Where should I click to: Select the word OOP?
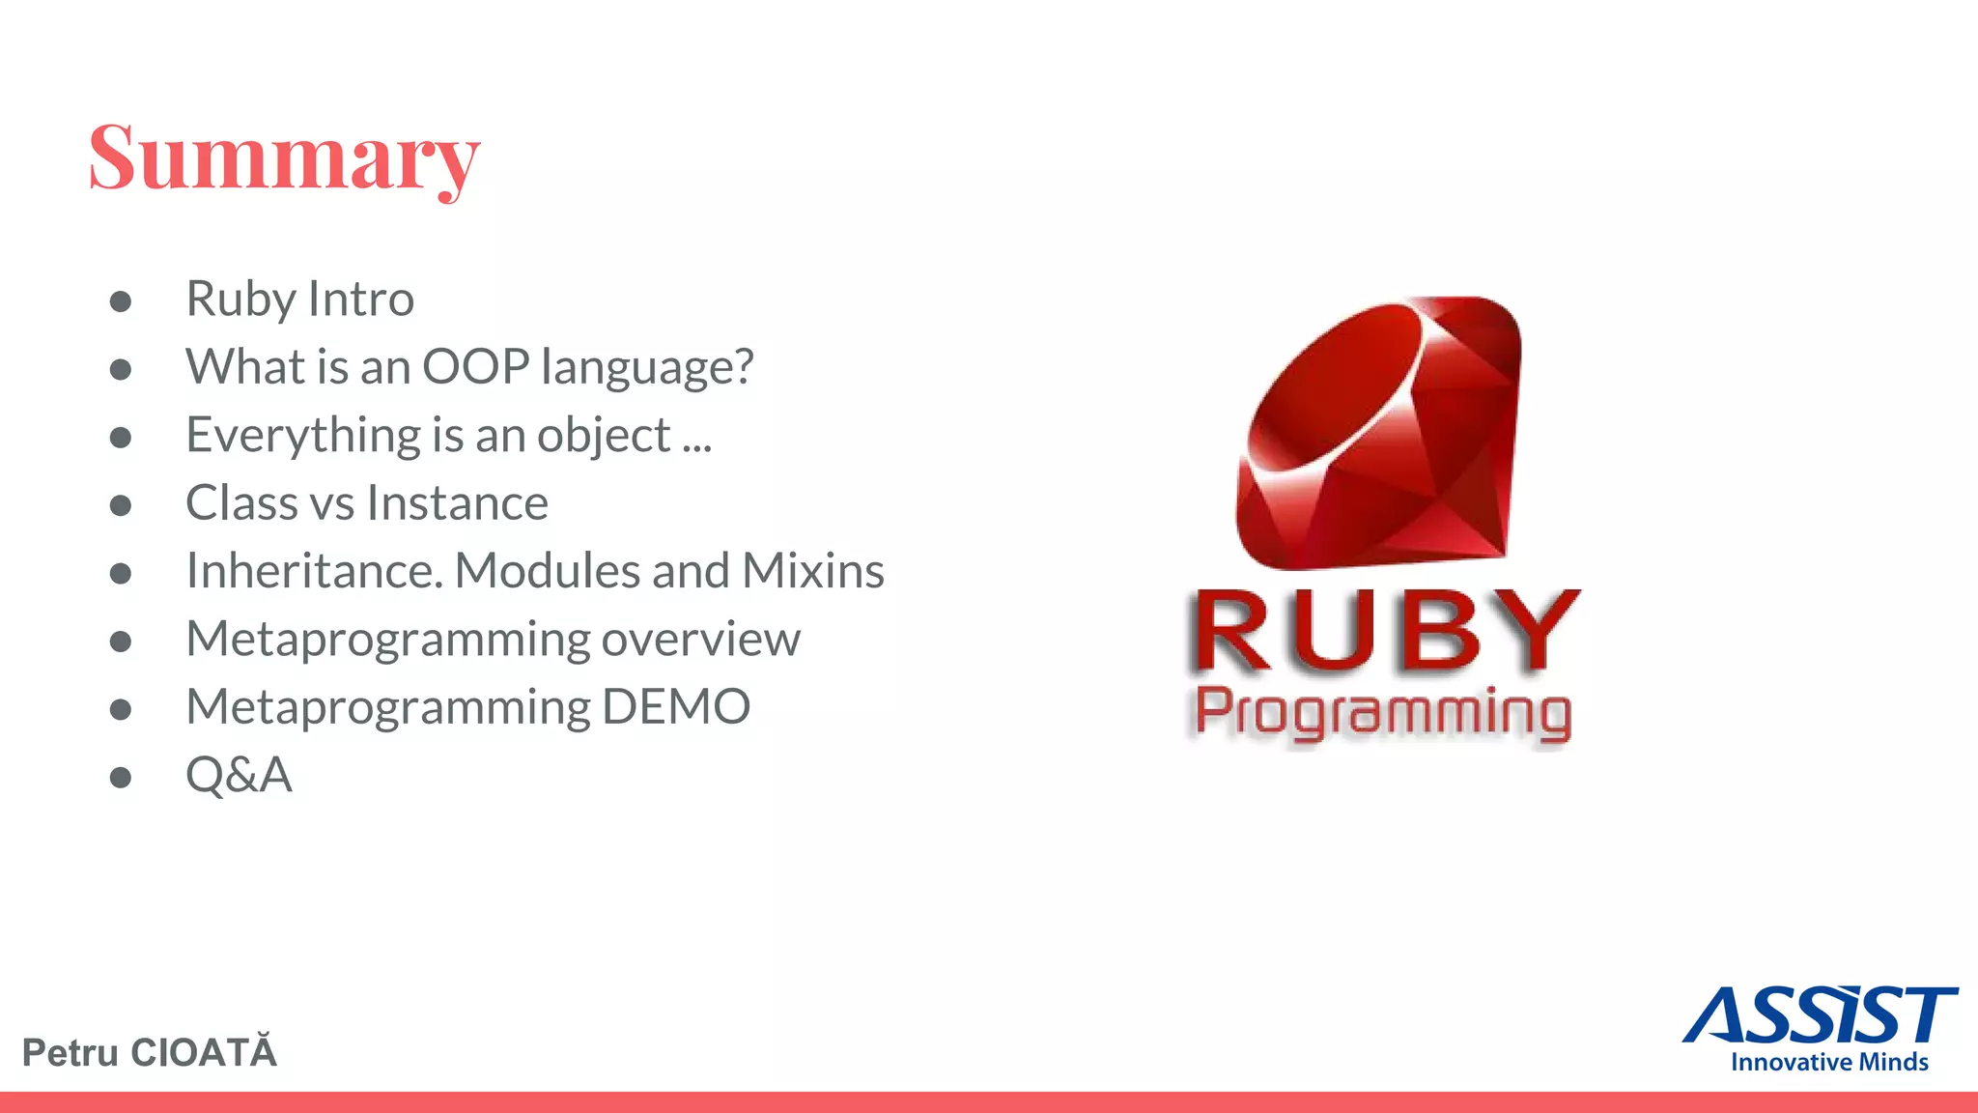(x=476, y=367)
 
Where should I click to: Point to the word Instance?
(x=457, y=503)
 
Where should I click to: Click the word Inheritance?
(x=314, y=571)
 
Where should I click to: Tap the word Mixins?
(x=812, y=571)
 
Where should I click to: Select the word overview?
(x=700, y=640)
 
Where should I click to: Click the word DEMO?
(x=675, y=707)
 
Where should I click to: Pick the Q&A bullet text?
(x=239, y=775)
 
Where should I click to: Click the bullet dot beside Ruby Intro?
(x=121, y=301)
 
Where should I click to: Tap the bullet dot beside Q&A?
(x=121, y=778)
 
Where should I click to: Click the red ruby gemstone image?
(x=1378, y=432)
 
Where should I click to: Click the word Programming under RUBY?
(x=1383, y=714)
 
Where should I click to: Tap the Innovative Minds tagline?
(x=1828, y=1062)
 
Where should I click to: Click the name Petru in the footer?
(x=70, y=1053)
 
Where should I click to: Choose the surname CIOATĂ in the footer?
(x=203, y=1051)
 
